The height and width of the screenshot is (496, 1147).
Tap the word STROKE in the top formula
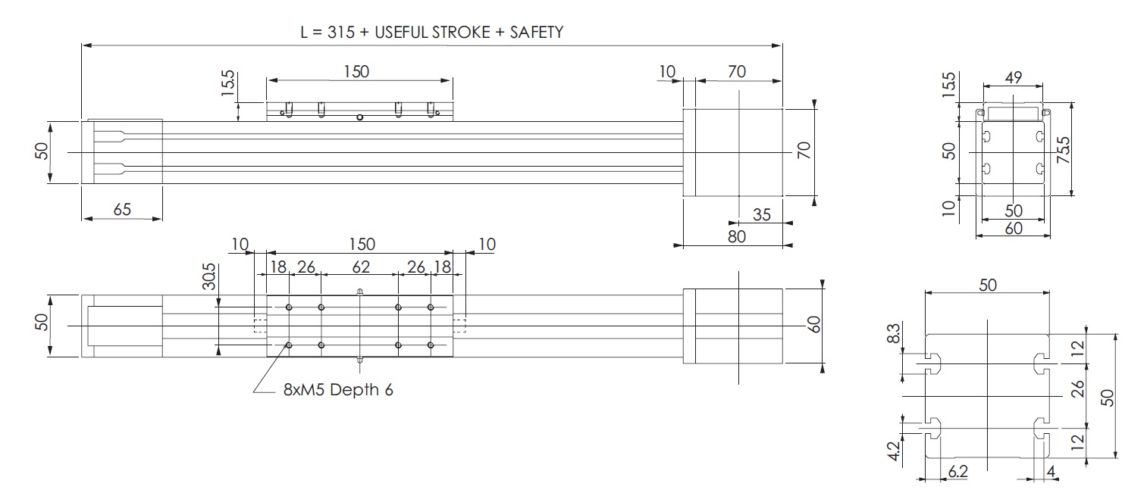(456, 33)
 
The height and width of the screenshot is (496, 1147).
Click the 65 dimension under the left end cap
(121, 210)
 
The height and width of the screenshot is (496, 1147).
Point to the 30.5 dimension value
(209, 277)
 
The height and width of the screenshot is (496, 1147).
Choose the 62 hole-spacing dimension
(360, 266)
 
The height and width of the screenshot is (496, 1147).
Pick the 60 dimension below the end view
(1014, 228)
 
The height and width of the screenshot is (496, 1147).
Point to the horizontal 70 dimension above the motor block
(736, 71)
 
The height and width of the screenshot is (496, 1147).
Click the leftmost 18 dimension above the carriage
(278, 266)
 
